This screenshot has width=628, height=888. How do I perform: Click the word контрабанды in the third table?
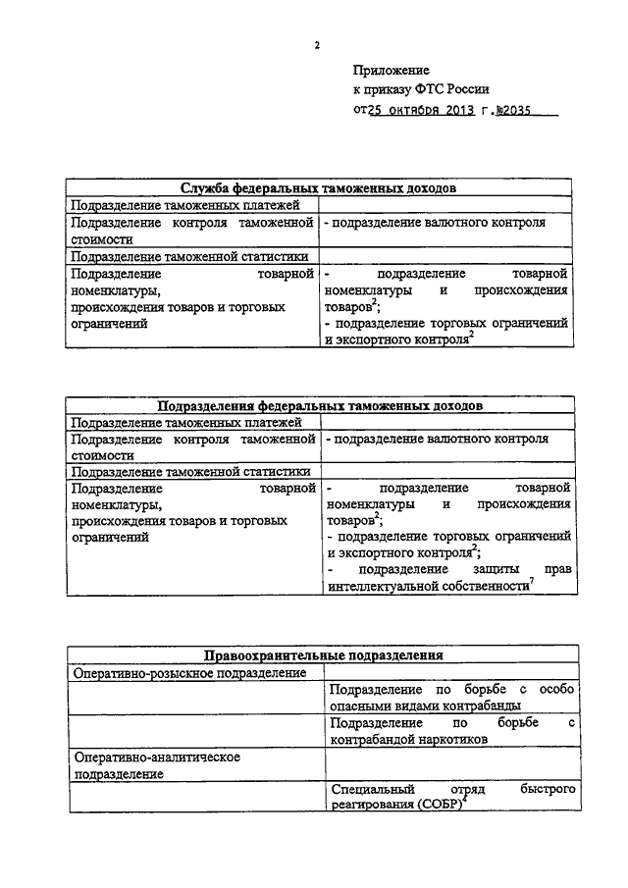tap(480, 705)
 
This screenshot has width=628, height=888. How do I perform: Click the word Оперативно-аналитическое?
tap(157, 757)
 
